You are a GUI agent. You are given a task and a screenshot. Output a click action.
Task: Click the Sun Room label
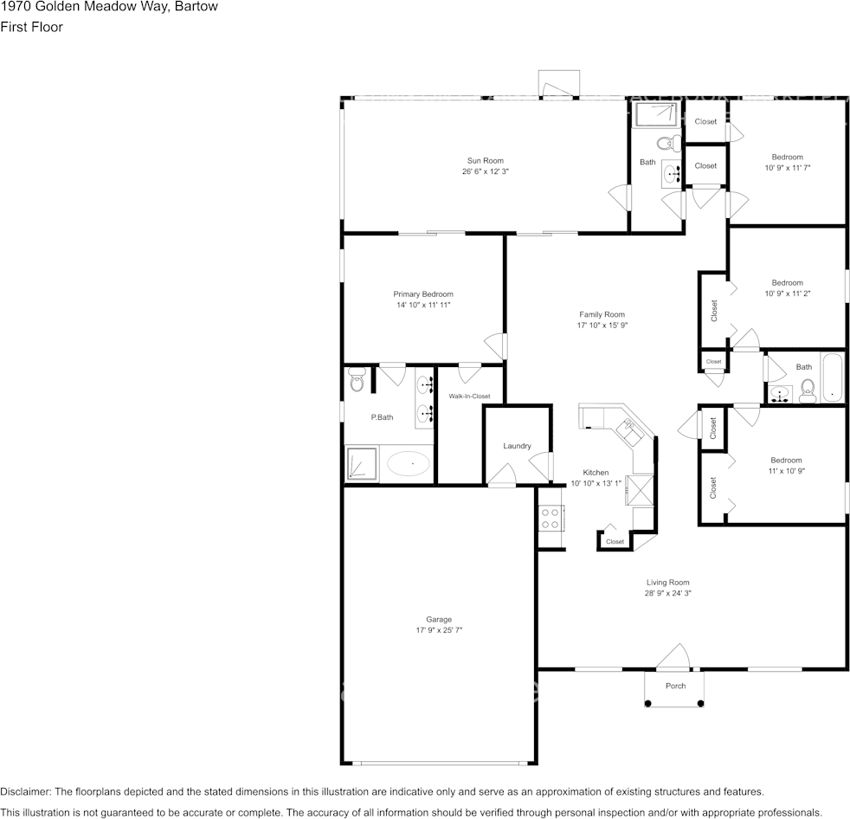point(485,160)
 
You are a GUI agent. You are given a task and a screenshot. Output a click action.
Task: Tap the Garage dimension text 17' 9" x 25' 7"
point(439,631)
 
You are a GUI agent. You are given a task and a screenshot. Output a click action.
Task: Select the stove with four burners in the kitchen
point(551,519)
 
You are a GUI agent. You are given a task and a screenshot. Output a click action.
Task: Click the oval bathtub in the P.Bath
point(409,464)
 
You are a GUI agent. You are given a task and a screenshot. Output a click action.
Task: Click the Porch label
point(675,686)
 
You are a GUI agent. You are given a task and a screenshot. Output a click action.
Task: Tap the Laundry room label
point(517,446)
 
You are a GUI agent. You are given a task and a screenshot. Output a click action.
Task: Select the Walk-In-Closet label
point(469,396)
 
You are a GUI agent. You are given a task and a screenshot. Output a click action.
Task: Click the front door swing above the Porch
point(673,658)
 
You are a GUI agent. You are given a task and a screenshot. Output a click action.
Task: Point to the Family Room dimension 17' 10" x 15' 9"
point(602,326)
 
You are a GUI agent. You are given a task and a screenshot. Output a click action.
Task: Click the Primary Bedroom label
point(423,294)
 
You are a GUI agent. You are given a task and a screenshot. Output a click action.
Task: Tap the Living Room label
point(667,582)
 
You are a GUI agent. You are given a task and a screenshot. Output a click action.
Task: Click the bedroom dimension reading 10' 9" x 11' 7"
point(787,168)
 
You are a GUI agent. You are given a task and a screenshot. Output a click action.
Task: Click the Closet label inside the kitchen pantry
point(615,542)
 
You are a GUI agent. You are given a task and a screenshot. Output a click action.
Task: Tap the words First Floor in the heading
point(32,27)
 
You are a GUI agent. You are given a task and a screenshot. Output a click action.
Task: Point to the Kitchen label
point(596,472)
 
